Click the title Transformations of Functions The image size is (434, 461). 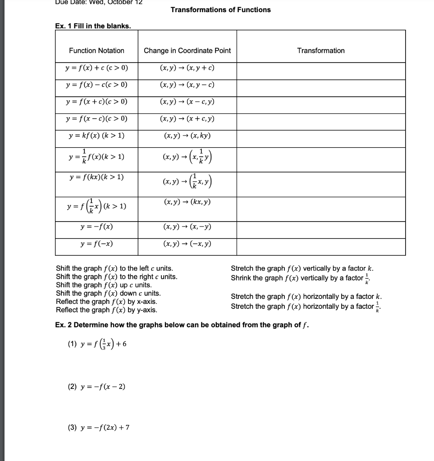tap(220, 10)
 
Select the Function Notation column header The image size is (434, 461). tap(96, 50)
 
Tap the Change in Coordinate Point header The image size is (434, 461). tap(187, 50)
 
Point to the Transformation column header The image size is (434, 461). tap(320, 50)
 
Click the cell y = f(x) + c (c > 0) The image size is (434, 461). tap(96, 68)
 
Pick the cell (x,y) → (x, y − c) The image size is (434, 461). tap(187, 85)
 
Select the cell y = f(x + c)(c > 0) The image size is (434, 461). tap(96, 102)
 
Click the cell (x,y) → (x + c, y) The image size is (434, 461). tap(187, 119)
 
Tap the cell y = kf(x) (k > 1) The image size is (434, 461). tap(96, 136)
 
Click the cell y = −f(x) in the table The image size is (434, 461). tap(96, 227)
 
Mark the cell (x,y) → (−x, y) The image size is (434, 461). tap(187, 244)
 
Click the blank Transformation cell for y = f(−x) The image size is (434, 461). tap(320, 247)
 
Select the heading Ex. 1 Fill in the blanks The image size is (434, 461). tap(93, 26)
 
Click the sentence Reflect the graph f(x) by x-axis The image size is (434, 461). tap(106, 302)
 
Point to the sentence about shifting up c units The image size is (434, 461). tap(104, 285)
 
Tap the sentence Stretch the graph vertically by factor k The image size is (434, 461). tap(302, 268)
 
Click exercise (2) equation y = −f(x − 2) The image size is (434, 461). tap(96, 386)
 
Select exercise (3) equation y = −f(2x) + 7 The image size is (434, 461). tap(98, 427)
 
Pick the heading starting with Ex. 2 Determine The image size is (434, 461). tap(182, 325)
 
